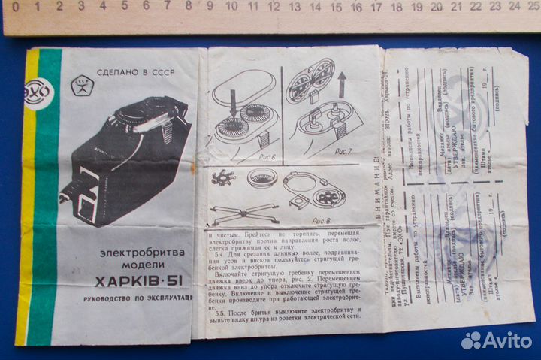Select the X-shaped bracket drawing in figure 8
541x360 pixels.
coord(234,213)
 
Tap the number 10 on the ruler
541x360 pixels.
coord(231,7)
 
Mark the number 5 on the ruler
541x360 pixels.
coord(125,7)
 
